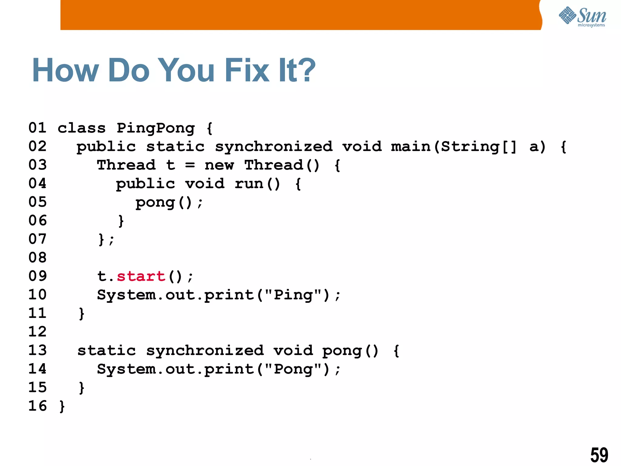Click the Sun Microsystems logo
(x=582, y=17)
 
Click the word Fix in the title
(x=247, y=70)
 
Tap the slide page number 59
(x=599, y=455)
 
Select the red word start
(x=141, y=276)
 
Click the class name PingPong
(x=156, y=128)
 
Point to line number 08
(x=38, y=258)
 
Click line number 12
(x=38, y=332)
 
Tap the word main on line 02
(x=411, y=147)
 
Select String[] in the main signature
(x=478, y=147)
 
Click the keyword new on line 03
(x=219, y=165)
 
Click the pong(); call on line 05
(x=169, y=203)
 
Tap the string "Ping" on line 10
(x=293, y=295)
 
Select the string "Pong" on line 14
(x=293, y=369)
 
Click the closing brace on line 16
(x=62, y=406)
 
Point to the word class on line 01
(x=82, y=128)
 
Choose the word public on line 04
(x=146, y=184)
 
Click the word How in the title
(x=65, y=70)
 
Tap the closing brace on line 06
(x=121, y=221)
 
